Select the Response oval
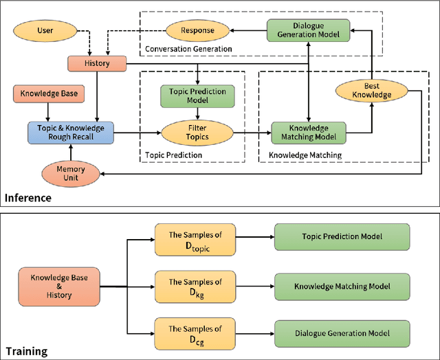click(197, 30)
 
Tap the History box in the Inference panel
click(97, 63)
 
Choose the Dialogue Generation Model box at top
click(308, 30)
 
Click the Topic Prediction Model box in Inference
click(197, 95)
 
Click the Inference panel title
click(28, 198)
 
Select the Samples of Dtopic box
click(195, 237)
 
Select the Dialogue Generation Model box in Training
click(341, 333)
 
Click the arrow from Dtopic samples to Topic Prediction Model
click(254, 237)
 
